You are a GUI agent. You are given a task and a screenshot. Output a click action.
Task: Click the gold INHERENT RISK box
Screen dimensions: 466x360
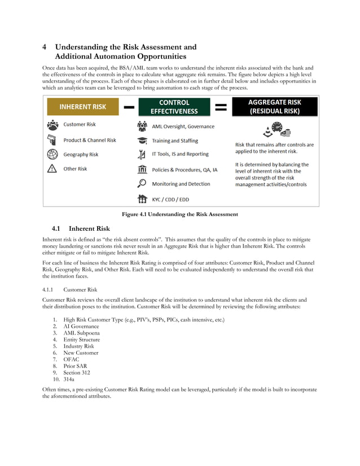point(84,107)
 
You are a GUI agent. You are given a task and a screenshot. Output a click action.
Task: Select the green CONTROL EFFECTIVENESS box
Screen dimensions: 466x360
point(174,107)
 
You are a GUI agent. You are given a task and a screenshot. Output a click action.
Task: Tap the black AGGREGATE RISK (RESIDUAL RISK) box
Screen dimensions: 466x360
point(275,107)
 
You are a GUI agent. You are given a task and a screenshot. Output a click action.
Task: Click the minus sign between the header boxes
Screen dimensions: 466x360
point(129,107)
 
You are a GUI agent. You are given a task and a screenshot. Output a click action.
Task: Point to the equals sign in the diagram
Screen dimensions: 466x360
point(221,107)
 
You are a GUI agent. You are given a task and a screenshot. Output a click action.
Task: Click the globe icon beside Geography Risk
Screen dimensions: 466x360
point(52,154)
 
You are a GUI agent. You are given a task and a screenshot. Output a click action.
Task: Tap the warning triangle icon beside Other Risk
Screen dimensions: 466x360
point(52,169)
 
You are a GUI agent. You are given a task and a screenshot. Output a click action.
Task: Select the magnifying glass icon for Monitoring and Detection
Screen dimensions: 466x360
point(142,183)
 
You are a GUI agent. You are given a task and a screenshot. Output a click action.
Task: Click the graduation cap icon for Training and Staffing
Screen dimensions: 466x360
point(142,140)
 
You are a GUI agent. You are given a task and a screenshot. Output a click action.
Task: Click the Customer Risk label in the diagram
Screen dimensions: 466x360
point(80,124)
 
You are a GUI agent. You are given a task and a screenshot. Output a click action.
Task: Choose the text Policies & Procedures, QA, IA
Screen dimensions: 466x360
point(185,169)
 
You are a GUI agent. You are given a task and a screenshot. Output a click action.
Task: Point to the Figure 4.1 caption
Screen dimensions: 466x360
point(180,214)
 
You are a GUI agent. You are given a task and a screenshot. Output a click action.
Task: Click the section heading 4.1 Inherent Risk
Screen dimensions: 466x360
point(81,228)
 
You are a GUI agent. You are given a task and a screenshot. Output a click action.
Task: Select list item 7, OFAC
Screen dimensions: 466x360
point(72,359)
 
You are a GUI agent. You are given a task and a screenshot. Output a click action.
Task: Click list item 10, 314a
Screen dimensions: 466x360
point(71,379)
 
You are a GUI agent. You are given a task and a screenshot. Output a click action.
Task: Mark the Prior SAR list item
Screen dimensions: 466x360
point(76,366)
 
